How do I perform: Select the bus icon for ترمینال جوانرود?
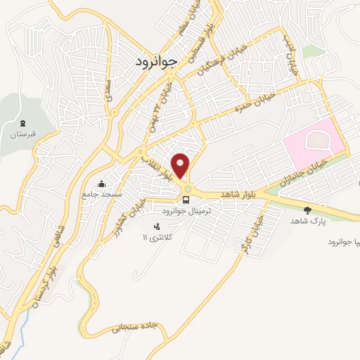(186, 200)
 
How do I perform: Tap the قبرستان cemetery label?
(22, 132)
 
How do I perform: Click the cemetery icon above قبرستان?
(23, 122)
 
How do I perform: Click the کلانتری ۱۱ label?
(156, 238)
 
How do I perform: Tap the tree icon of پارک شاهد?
(307, 210)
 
